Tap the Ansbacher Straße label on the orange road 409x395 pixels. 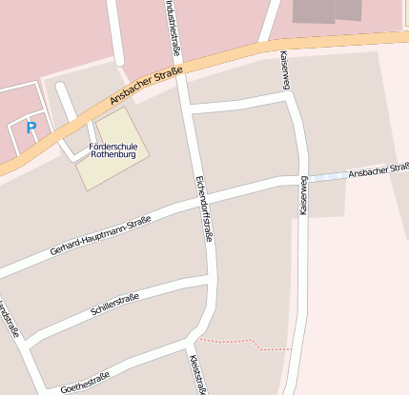145,86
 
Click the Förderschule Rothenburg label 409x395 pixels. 112,149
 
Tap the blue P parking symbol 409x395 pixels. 31,127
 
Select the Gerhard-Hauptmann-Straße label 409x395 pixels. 100,236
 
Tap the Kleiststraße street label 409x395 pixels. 197,374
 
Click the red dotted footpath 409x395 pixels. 238,340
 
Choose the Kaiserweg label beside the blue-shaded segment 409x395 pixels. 304,196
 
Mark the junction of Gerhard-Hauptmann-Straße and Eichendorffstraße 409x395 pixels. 200,196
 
